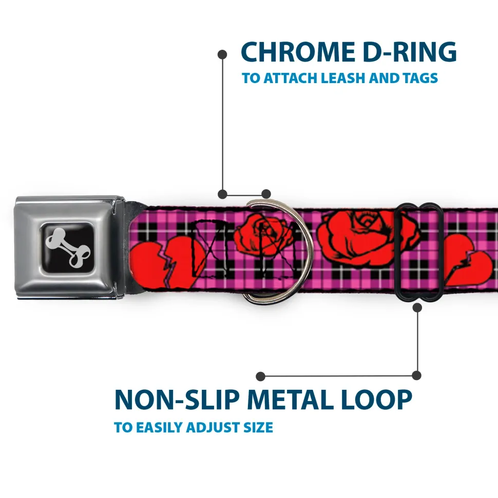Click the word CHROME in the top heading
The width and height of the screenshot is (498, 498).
point(298,52)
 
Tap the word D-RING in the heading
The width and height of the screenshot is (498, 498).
point(410,52)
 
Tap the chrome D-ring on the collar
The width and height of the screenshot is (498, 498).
point(277,251)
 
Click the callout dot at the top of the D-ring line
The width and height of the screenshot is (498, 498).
point(222,55)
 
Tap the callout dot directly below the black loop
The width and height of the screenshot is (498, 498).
point(417,307)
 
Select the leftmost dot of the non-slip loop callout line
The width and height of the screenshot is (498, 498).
point(260,376)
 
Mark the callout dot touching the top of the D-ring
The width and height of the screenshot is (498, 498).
point(266,194)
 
